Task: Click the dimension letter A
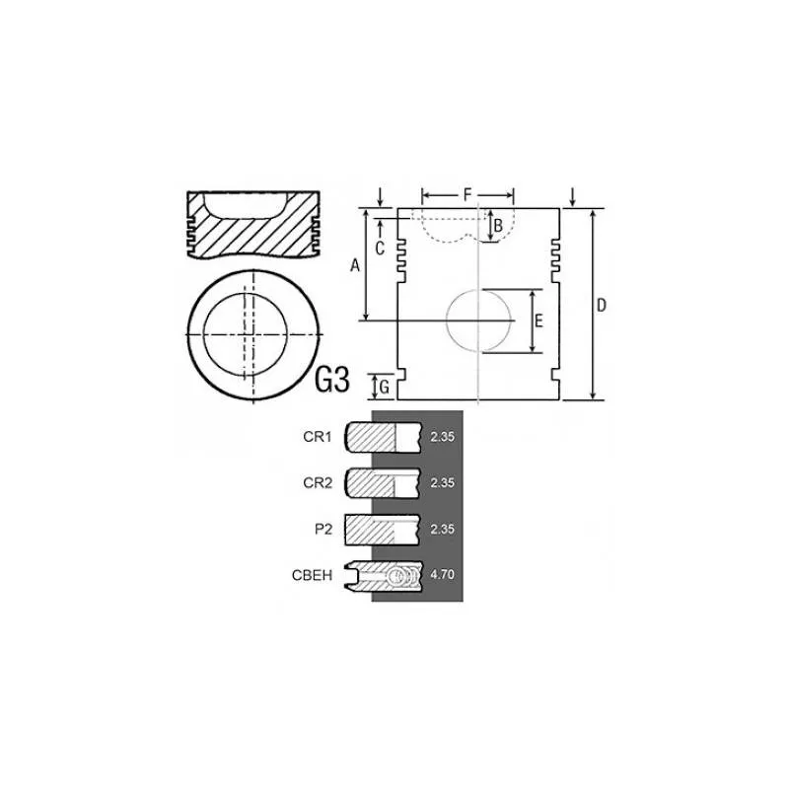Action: click(x=355, y=264)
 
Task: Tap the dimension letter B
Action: click(x=498, y=226)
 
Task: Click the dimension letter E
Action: click(x=538, y=322)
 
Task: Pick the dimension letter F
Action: click(x=467, y=194)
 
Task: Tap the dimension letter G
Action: click(x=384, y=387)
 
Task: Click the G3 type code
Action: click(x=331, y=381)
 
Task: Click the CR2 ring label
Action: click(x=317, y=482)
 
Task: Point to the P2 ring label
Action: click(x=323, y=530)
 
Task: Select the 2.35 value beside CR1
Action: click(x=442, y=435)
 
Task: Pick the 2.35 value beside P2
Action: click(x=442, y=530)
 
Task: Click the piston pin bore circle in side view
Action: click(x=480, y=321)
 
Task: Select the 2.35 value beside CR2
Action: click(x=442, y=482)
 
